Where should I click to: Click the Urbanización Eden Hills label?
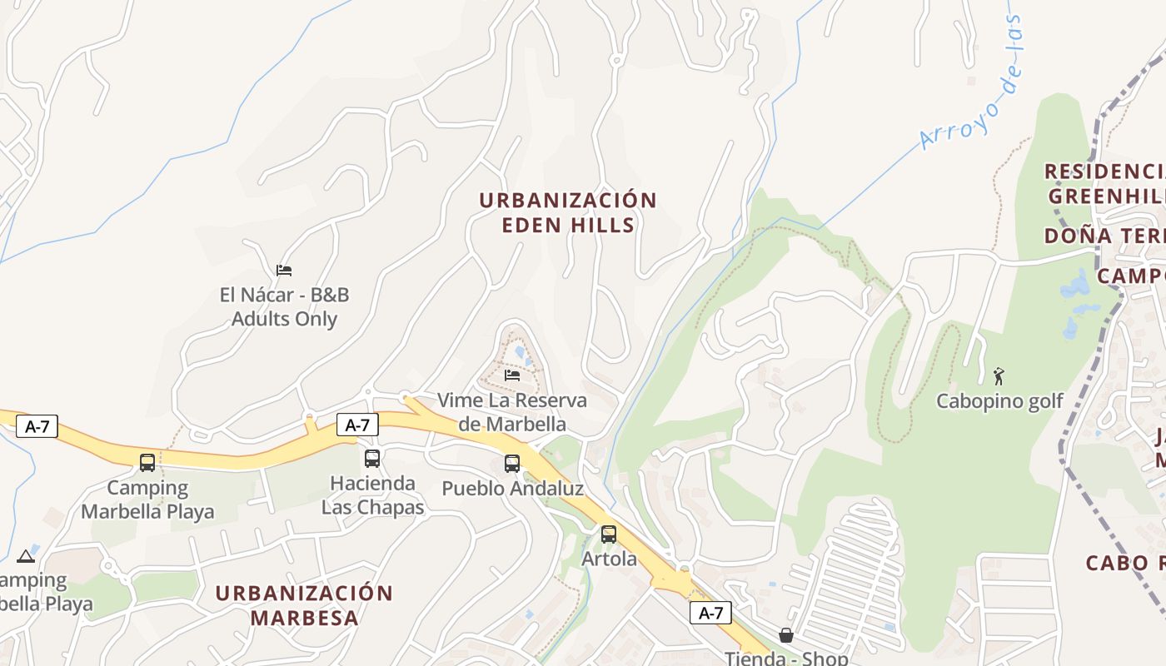(x=568, y=212)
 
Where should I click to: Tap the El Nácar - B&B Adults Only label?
(x=284, y=306)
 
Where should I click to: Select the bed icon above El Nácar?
(x=284, y=270)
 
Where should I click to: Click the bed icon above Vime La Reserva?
(x=512, y=375)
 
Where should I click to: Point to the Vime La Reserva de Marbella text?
(x=512, y=412)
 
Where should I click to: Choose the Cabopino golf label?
(x=999, y=401)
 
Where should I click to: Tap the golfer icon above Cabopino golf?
(x=999, y=375)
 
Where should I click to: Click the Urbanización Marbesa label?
(x=304, y=605)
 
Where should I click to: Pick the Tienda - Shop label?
(x=785, y=658)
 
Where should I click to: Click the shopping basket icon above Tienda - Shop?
(x=785, y=635)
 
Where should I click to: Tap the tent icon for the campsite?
(x=25, y=556)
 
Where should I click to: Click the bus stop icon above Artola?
(x=609, y=534)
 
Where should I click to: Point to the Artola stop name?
(x=609, y=559)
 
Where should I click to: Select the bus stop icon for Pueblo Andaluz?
(x=512, y=464)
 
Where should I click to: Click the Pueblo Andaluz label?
(x=512, y=489)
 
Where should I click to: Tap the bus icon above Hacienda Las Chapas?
(x=372, y=458)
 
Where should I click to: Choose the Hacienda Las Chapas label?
(x=372, y=495)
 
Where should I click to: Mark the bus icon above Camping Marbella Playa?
(x=147, y=462)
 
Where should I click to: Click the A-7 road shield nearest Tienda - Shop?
(x=710, y=614)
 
